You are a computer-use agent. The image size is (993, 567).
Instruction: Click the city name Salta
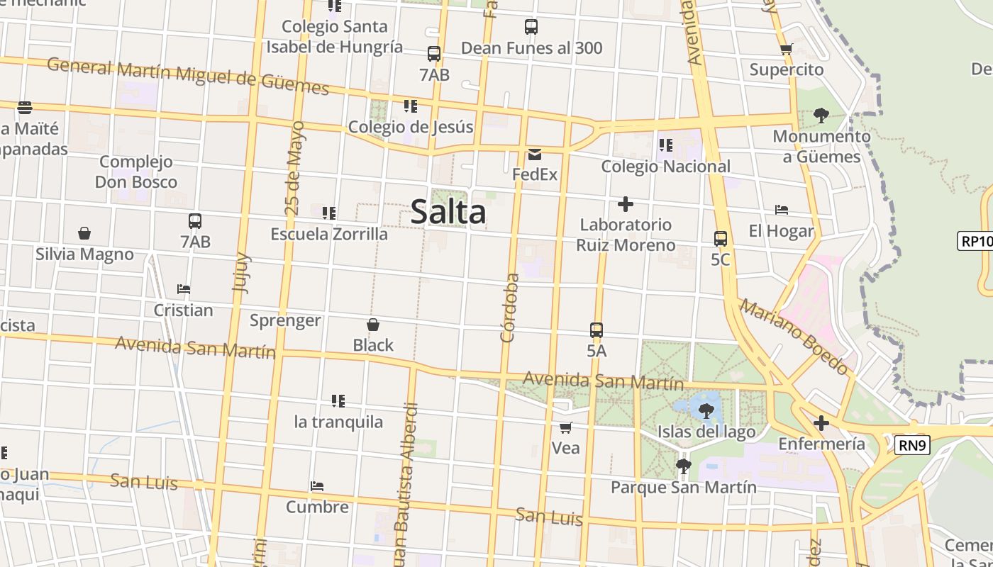(x=448, y=212)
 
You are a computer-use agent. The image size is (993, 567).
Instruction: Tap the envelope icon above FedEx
(x=534, y=155)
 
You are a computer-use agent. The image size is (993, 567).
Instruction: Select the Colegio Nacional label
(x=665, y=167)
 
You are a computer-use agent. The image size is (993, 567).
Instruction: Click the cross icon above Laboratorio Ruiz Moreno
(x=625, y=205)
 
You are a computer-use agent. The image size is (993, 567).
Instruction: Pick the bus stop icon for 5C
(x=720, y=239)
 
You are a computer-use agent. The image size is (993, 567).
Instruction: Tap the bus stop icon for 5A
(x=597, y=330)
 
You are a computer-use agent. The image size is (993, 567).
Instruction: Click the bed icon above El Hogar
(x=782, y=210)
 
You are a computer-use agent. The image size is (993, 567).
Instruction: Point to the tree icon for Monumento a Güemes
(x=821, y=116)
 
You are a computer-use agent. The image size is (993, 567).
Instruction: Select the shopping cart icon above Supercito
(x=786, y=50)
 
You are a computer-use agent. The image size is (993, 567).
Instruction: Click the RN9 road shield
(x=911, y=445)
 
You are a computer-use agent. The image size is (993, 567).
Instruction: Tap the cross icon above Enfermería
(x=821, y=424)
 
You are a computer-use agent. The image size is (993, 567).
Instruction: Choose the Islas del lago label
(x=706, y=432)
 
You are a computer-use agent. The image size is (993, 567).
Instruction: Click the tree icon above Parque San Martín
(x=683, y=466)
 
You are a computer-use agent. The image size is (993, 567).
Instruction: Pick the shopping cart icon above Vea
(x=565, y=427)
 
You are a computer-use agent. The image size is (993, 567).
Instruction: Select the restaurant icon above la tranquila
(x=338, y=401)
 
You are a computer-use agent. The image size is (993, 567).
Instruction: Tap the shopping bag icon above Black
(x=373, y=325)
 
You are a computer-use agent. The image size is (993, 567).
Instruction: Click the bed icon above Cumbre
(x=317, y=486)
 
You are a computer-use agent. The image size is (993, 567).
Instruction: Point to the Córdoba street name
(x=509, y=308)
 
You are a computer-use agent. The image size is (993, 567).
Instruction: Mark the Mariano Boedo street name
(x=794, y=337)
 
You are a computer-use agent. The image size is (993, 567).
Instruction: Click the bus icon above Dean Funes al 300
(x=531, y=27)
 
